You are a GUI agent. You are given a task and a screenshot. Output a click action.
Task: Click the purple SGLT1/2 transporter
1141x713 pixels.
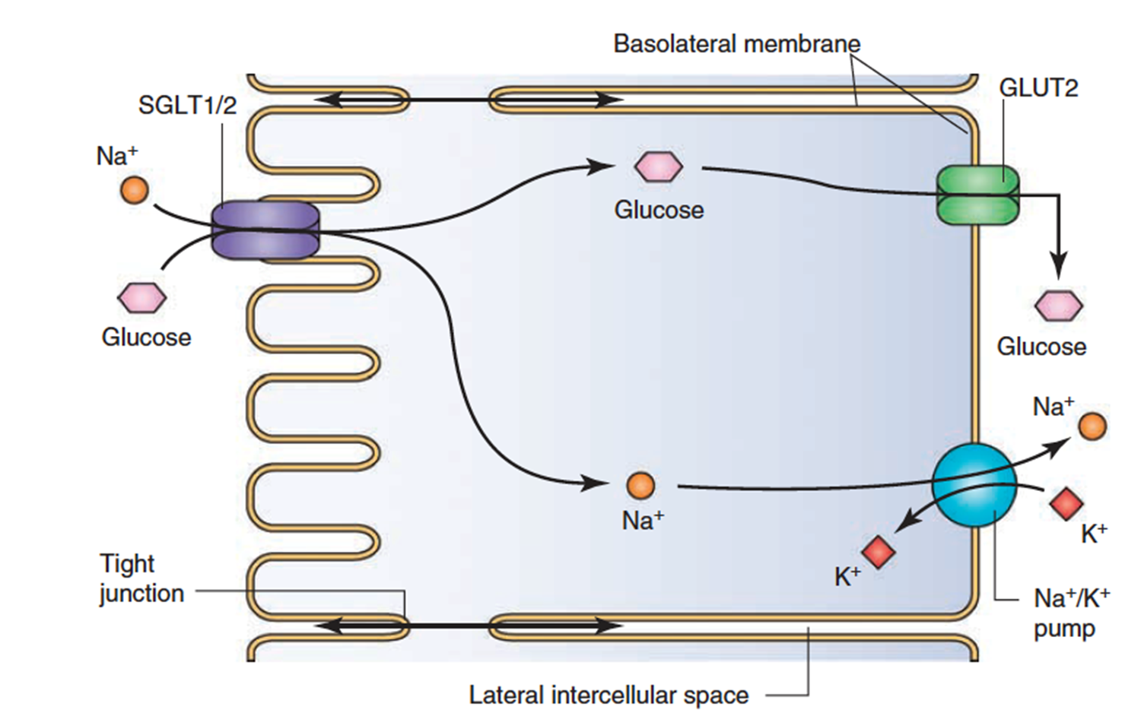pos(265,230)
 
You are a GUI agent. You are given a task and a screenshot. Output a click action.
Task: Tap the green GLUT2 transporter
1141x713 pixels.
pos(977,195)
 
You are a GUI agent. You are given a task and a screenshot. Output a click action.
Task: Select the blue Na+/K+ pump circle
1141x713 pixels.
pos(974,485)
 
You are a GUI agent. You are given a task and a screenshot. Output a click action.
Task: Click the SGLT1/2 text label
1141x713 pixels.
pos(187,105)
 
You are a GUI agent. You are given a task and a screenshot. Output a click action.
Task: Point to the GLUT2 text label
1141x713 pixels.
pos(1038,88)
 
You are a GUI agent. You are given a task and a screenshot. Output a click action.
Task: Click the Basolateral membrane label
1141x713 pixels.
pos(736,44)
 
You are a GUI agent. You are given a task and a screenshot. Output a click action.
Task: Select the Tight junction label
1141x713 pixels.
pos(141,578)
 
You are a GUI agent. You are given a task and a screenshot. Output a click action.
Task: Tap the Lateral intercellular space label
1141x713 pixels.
pos(609,695)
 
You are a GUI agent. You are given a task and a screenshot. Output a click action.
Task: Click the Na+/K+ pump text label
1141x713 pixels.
pos(1071,613)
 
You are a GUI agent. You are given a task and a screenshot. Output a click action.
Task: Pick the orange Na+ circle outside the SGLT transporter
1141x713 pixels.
pos(135,189)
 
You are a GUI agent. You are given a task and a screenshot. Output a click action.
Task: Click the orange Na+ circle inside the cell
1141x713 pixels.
pos(640,485)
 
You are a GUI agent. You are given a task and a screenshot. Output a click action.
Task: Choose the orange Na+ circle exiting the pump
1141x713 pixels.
pos(1092,426)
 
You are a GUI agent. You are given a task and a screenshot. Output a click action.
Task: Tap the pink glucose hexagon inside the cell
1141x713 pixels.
pos(659,166)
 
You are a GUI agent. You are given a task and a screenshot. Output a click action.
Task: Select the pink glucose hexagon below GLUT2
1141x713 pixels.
pos(1058,306)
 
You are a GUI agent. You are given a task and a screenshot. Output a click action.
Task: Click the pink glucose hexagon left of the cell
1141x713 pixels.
pos(141,297)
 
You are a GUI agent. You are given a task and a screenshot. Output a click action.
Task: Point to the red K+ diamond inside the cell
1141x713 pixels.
pos(879,552)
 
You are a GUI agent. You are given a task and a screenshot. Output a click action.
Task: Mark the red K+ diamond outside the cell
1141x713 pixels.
pos(1066,503)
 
